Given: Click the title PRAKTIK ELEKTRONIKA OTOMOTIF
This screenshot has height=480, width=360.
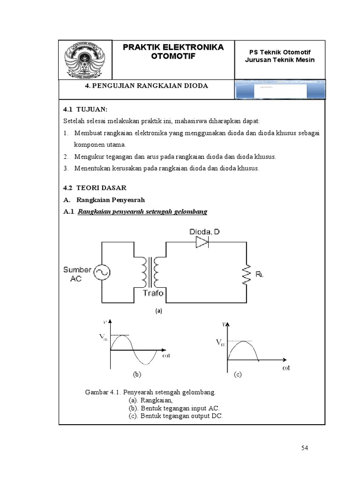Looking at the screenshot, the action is [173, 52].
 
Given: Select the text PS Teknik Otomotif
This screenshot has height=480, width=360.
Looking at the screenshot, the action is [280, 52].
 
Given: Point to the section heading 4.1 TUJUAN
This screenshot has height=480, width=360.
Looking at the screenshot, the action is [85, 109].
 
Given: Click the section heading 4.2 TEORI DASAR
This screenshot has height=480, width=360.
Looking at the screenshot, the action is [95, 187].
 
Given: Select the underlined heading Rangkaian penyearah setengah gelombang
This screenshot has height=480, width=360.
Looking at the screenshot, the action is [142, 212].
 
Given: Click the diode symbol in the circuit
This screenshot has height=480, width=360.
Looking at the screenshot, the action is [202, 242].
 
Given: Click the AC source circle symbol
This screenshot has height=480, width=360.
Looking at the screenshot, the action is [101, 272].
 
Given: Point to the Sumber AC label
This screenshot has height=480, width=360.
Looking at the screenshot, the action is [77, 273].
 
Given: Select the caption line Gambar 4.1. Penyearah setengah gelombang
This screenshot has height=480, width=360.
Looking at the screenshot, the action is [150, 391].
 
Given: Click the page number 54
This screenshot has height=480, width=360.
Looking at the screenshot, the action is [305, 448].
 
